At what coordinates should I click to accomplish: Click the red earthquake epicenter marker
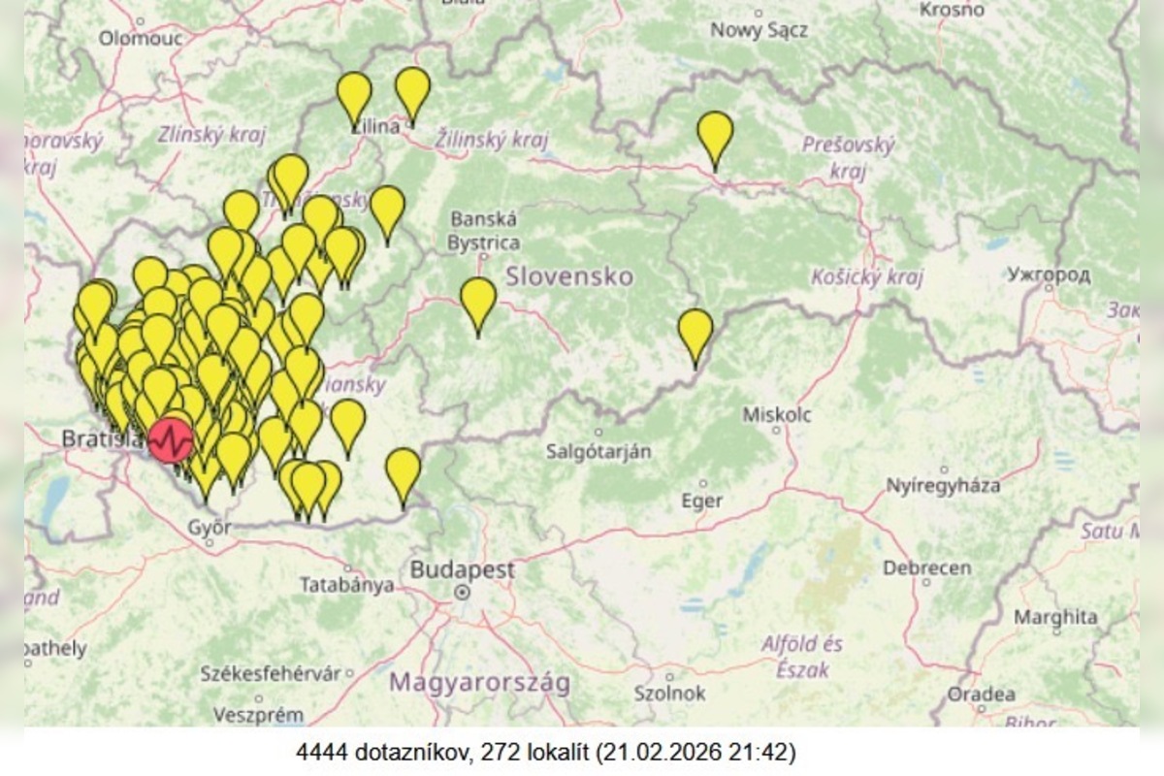coord(171,440)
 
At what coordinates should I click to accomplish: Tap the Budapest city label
coord(462,569)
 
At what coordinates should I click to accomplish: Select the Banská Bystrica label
coord(483,231)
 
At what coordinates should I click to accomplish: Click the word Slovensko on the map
coord(568,276)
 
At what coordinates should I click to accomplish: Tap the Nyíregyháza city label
coord(943,485)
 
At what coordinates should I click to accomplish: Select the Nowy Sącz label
coord(758,30)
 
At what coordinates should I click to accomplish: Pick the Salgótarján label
coord(598,451)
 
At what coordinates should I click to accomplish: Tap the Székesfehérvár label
coord(271,673)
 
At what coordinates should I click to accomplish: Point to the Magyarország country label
coord(479,682)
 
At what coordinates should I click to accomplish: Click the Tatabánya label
coord(346,585)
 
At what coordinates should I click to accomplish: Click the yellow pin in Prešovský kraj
coord(715,137)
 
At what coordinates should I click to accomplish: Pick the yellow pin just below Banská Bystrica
coord(478,303)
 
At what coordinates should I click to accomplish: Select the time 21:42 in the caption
coord(766,752)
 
